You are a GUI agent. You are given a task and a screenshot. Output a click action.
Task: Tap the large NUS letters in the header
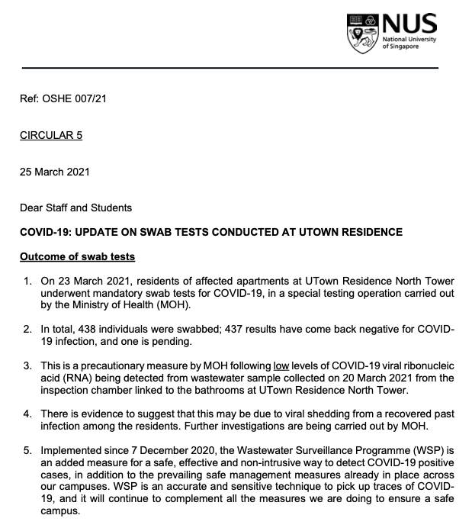pyautogui.click(x=409, y=24)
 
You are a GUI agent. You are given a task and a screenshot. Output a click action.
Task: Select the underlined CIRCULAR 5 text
pyautogui.click(x=51, y=135)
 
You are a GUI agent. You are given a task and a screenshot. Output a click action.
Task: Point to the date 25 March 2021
pyautogui.click(x=55, y=172)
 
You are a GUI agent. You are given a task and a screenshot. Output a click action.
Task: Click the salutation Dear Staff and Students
pyautogui.click(x=75, y=208)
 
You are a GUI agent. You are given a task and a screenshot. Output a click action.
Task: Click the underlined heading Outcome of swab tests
pyautogui.click(x=77, y=256)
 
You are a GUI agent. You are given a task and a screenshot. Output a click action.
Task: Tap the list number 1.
pyautogui.click(x=28, y=280)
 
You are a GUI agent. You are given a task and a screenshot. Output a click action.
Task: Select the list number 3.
pyautogui.click(x=28, y=365)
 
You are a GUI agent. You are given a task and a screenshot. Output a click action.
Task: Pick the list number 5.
pyautogui.click(x=28, y=450)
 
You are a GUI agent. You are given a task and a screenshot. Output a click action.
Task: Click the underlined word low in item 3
pyautogui.click(x=281, y=365)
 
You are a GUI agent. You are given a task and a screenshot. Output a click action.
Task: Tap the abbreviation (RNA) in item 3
pyautogui.click(x=73, y=378)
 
